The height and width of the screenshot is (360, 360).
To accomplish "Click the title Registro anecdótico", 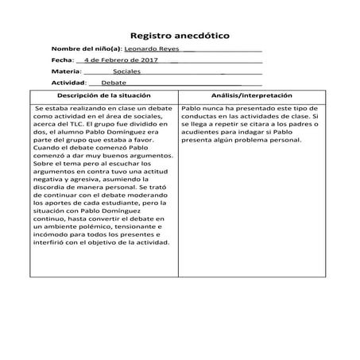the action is point(180,36).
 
